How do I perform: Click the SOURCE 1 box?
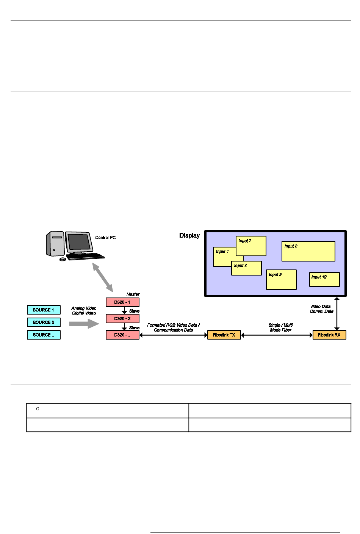pos(44,310)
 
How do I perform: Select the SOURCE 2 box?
pos(44,323)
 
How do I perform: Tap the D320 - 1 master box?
pos(122,302)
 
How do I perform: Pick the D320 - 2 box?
pos(122,319)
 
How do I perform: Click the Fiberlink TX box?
pos(224,335)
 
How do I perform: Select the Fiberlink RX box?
pos(329,335)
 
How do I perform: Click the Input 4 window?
pos(246,268)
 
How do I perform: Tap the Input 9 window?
pos(281,280)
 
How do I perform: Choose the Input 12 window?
pos(324,280)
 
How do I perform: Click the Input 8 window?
pos(308,251)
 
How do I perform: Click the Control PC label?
pos(105,238)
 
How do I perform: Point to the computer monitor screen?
pos(79,242)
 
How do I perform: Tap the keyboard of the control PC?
pos(85,257)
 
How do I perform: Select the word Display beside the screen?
pos(189,235)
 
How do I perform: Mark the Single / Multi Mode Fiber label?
pos(280,327)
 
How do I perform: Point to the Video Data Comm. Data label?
pos(322,309)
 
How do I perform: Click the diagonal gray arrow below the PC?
pos(103,277)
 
